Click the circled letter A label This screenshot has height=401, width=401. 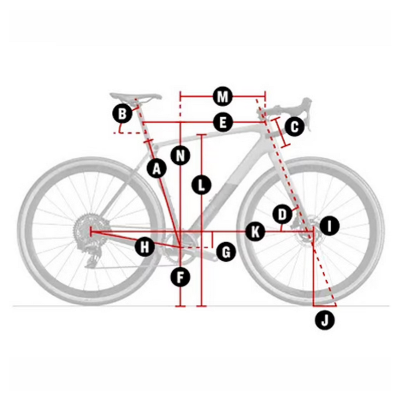[156, 169]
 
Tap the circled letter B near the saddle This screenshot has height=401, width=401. [122, 114]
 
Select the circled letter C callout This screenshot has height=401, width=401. [295, 127]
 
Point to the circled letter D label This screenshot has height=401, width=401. [282, 215]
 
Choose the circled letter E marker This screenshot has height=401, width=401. [223, 122]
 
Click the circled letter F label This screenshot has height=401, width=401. [180, 277]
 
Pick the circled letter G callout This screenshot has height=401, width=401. [226, 252]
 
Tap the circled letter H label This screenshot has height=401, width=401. [145, 247]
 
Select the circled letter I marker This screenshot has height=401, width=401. [329, 226]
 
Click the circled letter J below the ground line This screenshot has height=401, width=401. [325, 320]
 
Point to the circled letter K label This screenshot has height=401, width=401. [255, 232]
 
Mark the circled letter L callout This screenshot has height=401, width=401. [202, 184]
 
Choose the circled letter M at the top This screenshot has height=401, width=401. [223, 96]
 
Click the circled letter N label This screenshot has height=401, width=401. [180, 155]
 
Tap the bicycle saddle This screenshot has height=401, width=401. [135, 97]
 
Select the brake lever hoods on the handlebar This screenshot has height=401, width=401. [306, 110]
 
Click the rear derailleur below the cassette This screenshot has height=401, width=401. [93, 256]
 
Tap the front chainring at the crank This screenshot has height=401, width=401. [180, 247]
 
